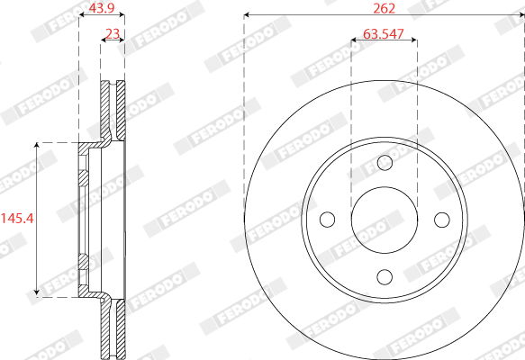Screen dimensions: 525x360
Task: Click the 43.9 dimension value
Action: pos(102,8)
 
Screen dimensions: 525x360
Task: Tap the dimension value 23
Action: pos(113,34)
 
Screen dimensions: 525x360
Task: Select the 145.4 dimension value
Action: pos(17,219)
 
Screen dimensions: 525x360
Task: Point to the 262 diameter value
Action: pos(384,8)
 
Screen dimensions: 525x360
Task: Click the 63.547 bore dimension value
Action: pos(384,34)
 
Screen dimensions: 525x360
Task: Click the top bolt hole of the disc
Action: pos(385,163)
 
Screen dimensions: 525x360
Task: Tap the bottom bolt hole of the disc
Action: pos(385,277)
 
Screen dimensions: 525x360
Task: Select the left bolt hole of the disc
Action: pos(328,220)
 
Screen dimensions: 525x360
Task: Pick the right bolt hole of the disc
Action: pos(442,220)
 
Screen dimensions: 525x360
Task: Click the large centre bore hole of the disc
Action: pos(385,220)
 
